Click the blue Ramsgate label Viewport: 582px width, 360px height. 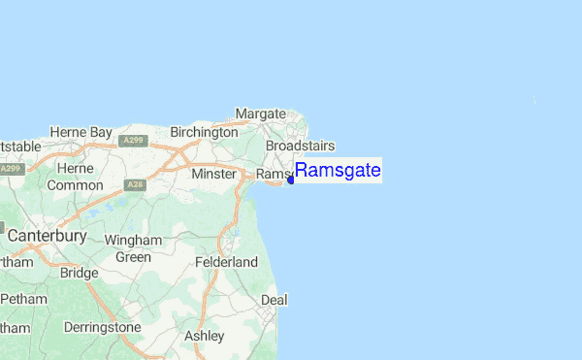click(x=338, y=172)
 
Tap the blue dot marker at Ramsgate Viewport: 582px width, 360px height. click(x=291, y=180)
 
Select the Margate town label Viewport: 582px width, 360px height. click(x=260, y=114)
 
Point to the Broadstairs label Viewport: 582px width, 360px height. click(x=300, y=146)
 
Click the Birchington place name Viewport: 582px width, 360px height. click(x=204, y=132)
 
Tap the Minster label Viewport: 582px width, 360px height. click(x=214, y=175)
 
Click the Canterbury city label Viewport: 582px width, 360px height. click(x=47, y=236)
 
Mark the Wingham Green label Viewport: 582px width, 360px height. click(x=133, y=248)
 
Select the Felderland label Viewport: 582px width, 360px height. click(x=226, y=262)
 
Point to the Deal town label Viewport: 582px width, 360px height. click(x=275, y=300)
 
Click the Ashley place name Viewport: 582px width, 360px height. click(x=205, y=336)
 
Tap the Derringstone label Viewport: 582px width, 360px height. click(x=102, y=327)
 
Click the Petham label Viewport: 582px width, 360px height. click(x=23, y=299)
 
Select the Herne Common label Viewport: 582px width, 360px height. click(x=75, y=177)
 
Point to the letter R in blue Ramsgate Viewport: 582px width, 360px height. click(x=302, y=172)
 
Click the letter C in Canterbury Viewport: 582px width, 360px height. click(x=14, y=236)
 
